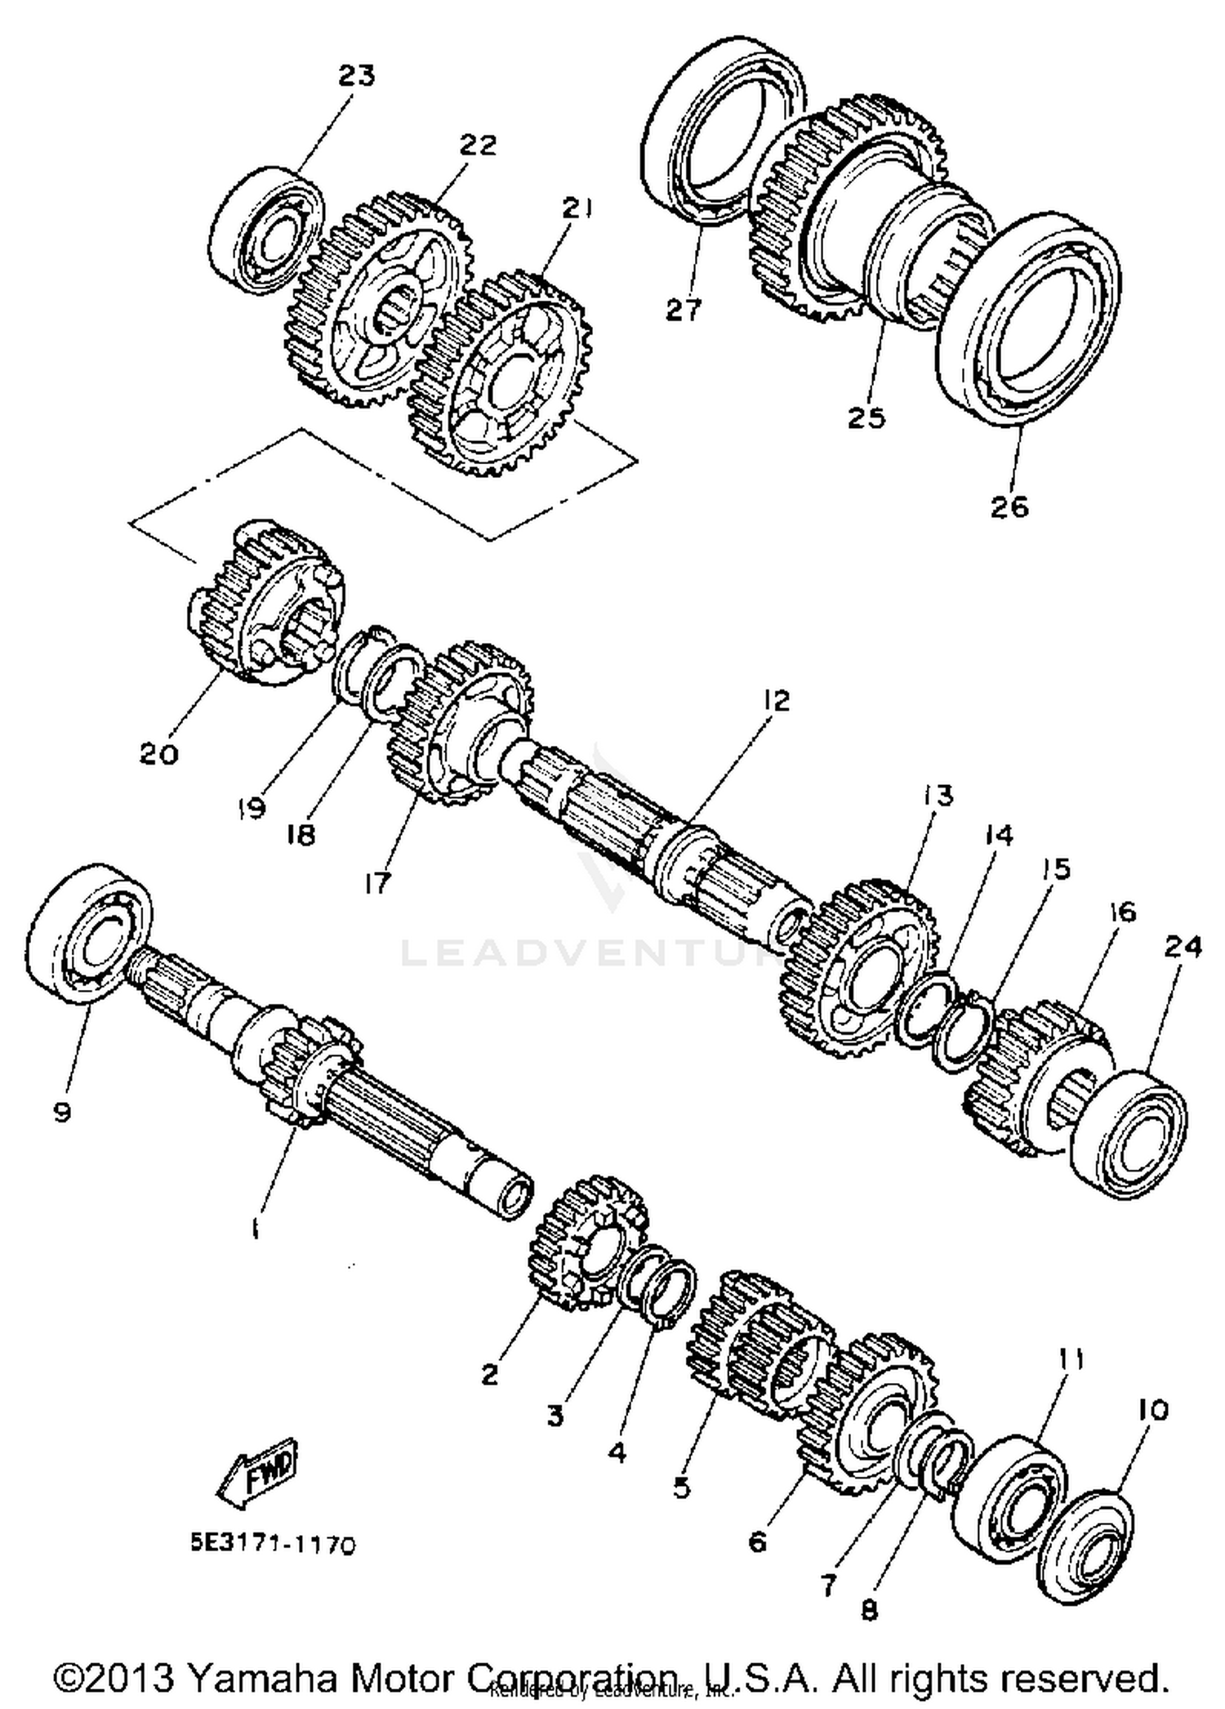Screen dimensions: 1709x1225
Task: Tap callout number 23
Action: [356, 76]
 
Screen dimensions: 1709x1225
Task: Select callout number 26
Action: [1009, 506]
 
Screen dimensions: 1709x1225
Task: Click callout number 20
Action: [158, 752]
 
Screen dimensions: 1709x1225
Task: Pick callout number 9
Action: [62, 1111]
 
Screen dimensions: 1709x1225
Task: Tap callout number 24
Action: [1183, 948]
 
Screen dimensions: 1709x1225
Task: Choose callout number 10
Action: [1151, 1410]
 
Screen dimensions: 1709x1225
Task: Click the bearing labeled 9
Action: [90, 935]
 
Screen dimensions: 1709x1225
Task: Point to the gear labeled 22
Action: [384, 302]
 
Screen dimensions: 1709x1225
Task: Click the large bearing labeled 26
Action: [1029, 319]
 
